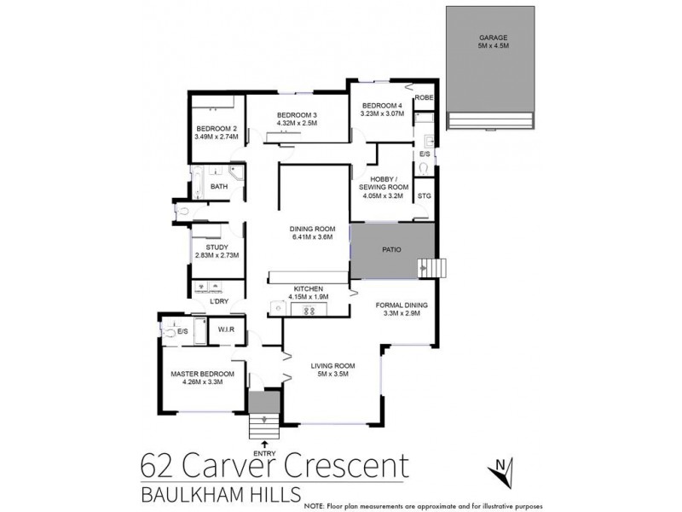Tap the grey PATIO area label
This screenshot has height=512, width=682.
point(391,250)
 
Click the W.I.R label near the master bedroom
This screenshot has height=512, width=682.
point(227,330)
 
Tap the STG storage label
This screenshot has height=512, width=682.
point(424,196)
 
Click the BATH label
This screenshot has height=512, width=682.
point(219,187)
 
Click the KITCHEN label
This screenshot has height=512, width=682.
point(308,289)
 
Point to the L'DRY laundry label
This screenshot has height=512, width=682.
point(220,302)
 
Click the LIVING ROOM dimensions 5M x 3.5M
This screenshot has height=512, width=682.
point(332,374)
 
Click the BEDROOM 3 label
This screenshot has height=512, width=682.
point(296,115)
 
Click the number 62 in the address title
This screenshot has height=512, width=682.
point(160,468)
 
